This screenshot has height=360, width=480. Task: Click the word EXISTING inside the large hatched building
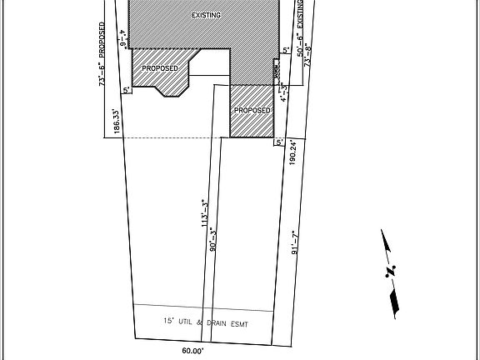pyautogui.click(x=207, y=16)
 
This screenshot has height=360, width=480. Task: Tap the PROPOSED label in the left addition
pyautogui.click(x=159, y=67)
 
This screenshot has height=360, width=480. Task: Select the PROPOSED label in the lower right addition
pyautogui.click(x=252, y=110)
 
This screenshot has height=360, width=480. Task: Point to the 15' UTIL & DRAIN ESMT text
pyautogui.click(x=205, y=322)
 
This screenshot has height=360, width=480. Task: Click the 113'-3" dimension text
pyautogui.click(x=202, y=213)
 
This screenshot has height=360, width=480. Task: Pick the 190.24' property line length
pyautogui.click(x=293, y=153)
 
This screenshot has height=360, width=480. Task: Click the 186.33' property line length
pyautogui.click(x=117, y=122)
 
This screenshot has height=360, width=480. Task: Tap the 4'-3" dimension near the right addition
pyautogui.click(x=283, y=92)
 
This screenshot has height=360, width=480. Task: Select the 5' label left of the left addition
pyautogui.click(x=126, y=89)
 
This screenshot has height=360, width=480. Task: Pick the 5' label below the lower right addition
pyautogui.click(x=279, y=142)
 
